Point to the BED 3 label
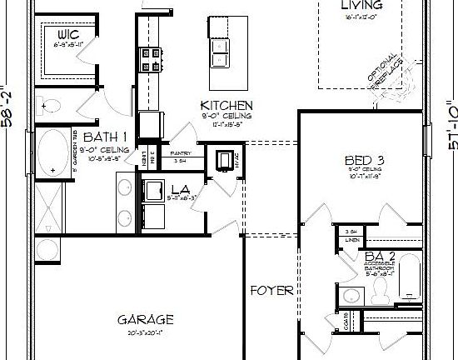[363, 160]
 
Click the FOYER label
[272, 291]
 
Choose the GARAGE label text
[145, 319]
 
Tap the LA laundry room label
[180, 189]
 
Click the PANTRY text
[182, 153]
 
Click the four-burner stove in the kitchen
[152, 58]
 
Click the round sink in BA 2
[351, 295]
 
